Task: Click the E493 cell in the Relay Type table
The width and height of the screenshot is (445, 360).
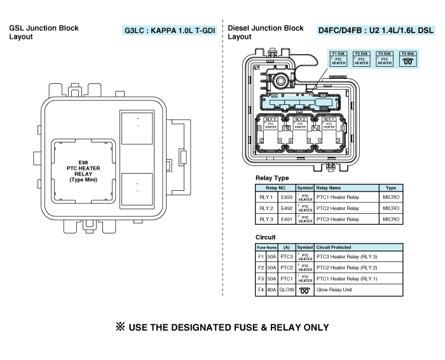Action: coord(287,197)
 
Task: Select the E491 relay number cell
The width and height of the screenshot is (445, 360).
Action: coord(287,219)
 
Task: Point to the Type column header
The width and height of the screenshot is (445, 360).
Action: coord(391,188)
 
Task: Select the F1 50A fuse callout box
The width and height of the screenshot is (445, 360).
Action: coord(338,59)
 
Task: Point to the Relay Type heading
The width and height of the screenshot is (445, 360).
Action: coord(272,178)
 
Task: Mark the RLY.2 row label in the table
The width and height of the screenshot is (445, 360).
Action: coord(266,208)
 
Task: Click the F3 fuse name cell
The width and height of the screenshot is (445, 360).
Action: coord(261,279)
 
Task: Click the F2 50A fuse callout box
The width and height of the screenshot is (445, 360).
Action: coord(361,59)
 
